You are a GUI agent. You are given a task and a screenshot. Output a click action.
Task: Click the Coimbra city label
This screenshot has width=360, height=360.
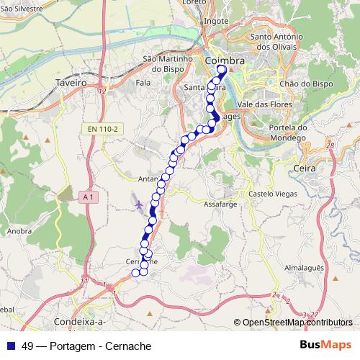[224, 62]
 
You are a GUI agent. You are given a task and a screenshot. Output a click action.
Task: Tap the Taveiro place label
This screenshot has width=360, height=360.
[71, 83]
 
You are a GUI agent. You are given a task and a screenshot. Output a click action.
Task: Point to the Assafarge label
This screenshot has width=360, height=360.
[221, 204]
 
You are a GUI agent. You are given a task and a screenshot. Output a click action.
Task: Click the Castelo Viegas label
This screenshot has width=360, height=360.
[271, 194]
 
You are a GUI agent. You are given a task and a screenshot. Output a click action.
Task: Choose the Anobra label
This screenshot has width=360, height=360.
[19, 232]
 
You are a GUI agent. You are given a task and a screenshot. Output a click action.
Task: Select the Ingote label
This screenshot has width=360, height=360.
[216, 21]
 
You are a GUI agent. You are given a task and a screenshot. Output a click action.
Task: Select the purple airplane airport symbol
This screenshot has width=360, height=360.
[138, 206]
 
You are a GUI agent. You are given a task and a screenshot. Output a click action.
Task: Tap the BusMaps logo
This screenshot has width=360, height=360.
[326, 345]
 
